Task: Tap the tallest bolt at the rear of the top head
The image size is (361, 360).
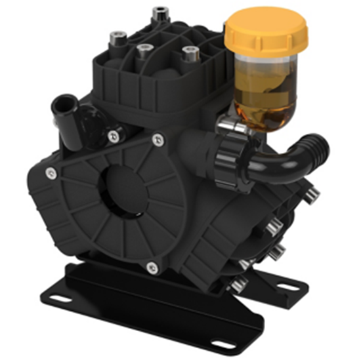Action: (x=158, y=13)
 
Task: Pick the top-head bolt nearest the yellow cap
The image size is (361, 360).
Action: (x=190, y=52)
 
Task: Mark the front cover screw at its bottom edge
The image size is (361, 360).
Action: (x=152, y=267)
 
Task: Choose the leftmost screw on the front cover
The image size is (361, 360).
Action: (x=50, y=172)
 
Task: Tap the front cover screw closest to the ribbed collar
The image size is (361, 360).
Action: (x=158, y=140)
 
